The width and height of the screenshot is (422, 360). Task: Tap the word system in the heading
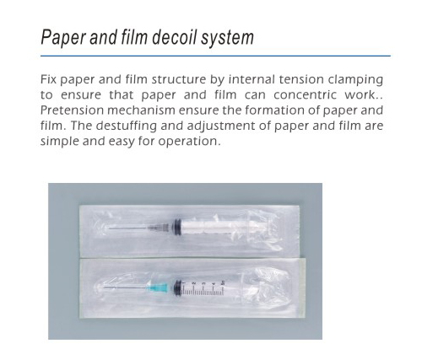[x=227, y=38]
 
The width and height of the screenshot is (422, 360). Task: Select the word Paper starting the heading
[x=62, y=38]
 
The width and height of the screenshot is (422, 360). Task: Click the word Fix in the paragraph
[x=48, y=79]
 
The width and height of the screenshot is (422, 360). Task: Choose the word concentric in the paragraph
[x=305, y=94]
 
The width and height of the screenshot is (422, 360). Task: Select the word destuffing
[x=126, y=126]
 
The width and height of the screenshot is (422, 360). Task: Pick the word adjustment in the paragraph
[x=221, y=126]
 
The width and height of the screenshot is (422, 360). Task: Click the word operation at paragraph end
[x=189, y=142]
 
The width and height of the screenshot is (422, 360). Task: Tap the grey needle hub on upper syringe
[x=159, y=228]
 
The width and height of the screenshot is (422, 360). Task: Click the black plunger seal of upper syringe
[x=177, y=227]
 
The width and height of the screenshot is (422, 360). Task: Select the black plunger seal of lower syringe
[x=177, y=287]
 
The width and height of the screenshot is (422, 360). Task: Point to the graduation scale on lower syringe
[x=203, y=288]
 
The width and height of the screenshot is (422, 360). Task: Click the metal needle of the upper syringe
[x=128, y=228]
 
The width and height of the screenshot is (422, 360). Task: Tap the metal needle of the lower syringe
[x=124, y=287]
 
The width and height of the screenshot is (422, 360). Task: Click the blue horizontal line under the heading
[x=215, y=56]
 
